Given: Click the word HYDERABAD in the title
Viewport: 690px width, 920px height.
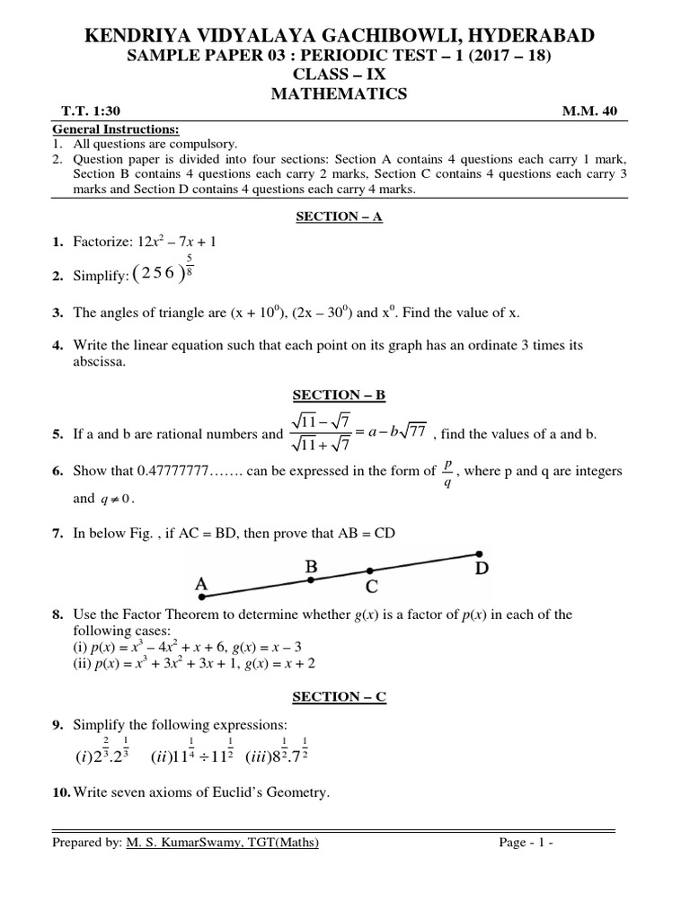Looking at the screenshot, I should click(x=530, y=36).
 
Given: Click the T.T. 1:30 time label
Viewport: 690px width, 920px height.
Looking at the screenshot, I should click(x=89, y=111).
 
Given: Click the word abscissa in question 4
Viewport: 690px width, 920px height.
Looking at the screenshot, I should click(x=101, y=361).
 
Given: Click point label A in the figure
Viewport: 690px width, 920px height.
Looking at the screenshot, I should click(x=202, y=585).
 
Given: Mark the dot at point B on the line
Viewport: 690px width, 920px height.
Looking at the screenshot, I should click(x=311, y=580).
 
